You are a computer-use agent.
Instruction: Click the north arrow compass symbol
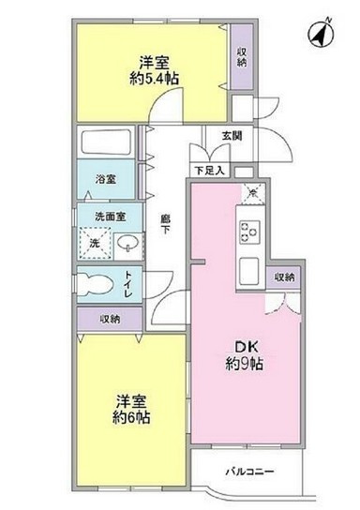pyautogui.click(x=320, y=36)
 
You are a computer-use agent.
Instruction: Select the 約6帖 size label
pyautogui.click(x=127, y=415)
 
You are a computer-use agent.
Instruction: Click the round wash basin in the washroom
pyautogui.click(x=128, y=245)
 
